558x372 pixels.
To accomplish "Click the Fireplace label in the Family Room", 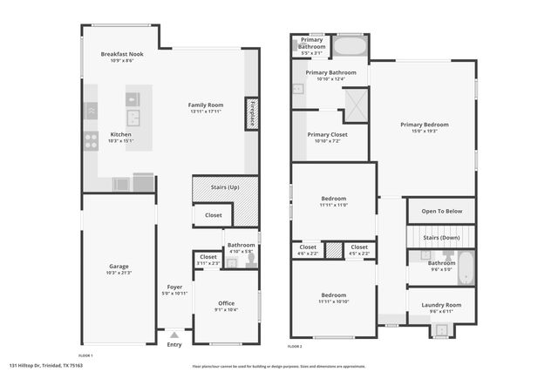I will click(251, 113).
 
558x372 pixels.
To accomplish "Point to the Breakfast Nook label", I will click(121, 54).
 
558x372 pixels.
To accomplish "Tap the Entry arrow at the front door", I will click(174, 334).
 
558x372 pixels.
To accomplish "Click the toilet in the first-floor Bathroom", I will click(251, 258).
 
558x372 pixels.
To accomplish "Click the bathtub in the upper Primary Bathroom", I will click(350, 46).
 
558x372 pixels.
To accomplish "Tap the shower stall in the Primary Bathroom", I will click(355, 105).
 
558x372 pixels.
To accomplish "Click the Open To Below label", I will click(441, 212).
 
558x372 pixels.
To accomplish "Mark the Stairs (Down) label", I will click(441, 236).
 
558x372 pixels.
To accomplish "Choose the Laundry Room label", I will click(441, 305).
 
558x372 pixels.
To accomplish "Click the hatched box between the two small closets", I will click(332, 250).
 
